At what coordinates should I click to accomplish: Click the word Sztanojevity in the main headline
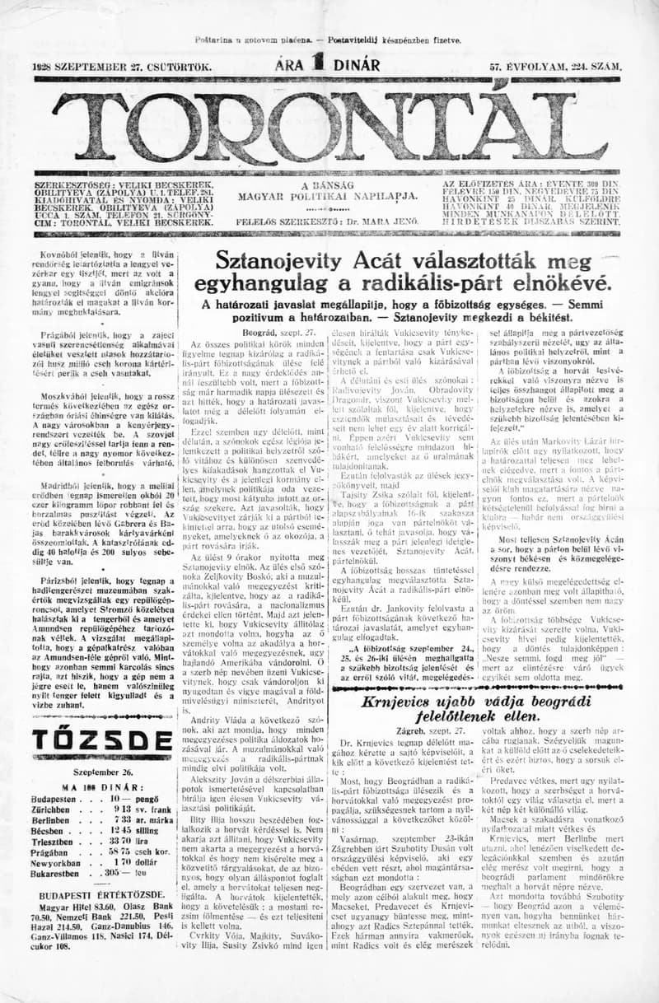point(278,261)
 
